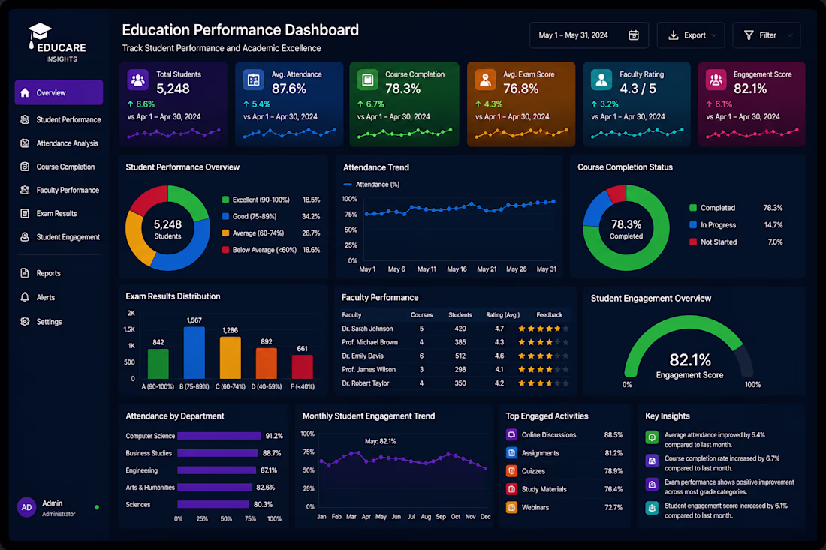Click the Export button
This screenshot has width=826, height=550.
[x=691, y=35]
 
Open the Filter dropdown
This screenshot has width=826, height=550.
[x=767, y=35]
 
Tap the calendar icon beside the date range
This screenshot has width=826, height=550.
[x=634, y=35]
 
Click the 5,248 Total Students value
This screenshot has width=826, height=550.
[x=173, y=89]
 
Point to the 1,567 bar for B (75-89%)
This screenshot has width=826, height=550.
[x=194, y=353]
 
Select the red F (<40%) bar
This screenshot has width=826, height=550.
[x=303, y=367]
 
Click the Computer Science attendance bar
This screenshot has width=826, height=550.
[x=219, y=436]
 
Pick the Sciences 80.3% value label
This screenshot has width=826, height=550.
[x=263, y=504]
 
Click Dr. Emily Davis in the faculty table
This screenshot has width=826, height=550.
[x=363, y=356]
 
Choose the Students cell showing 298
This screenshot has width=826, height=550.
[x=460, y=369]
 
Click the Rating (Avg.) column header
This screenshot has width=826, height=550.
[x=502, y=314]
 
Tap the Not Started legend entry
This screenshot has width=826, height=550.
[x=713, y=242]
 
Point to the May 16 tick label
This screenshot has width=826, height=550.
[x=457, y=269]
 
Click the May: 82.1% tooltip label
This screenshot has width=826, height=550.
[x=381, y=441]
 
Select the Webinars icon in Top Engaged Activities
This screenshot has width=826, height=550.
[x=511, y=507]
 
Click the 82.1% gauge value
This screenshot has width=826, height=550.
[x=690, y=360]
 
